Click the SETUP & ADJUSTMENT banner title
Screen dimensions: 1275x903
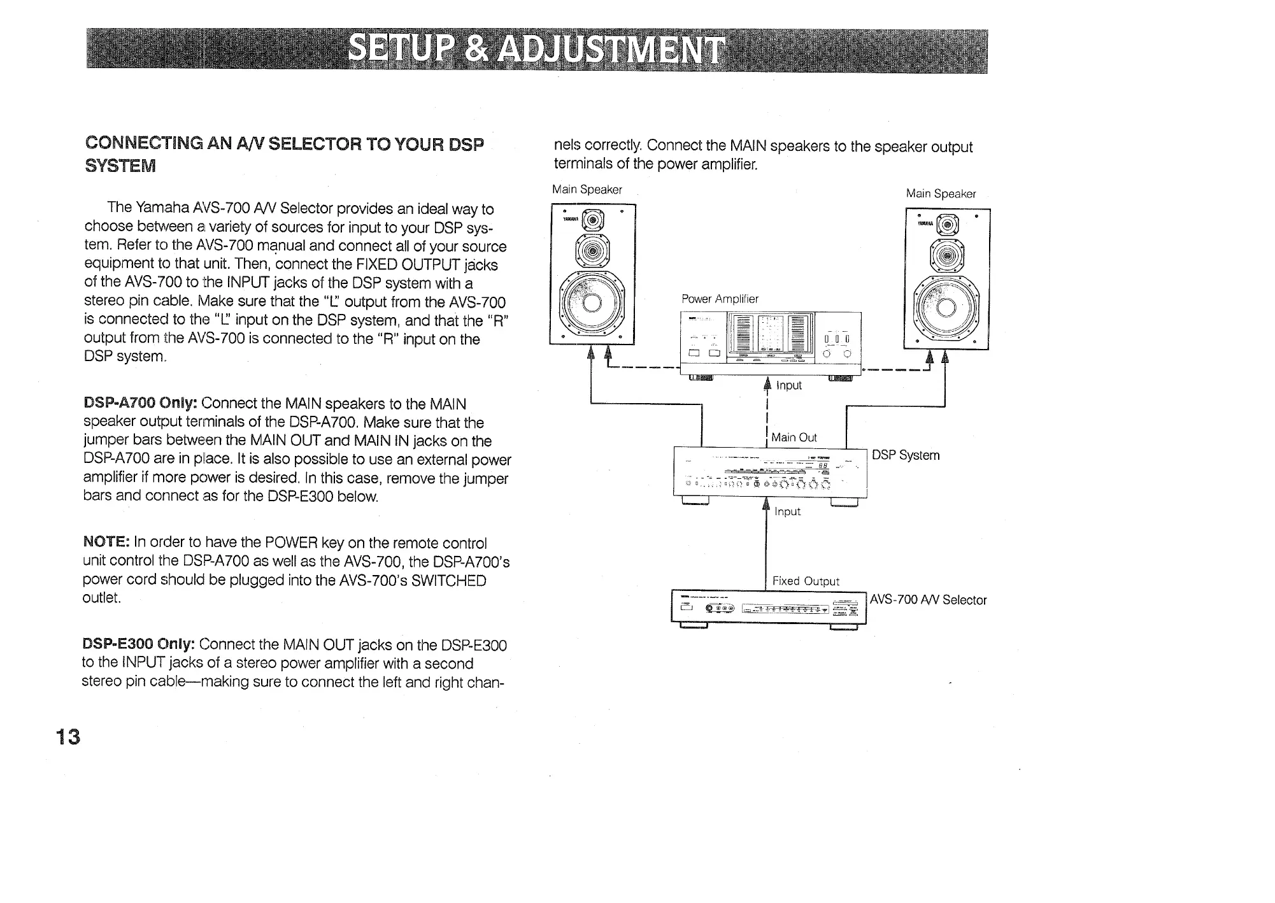(537, 51)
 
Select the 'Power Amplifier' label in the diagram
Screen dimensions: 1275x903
(720, 299)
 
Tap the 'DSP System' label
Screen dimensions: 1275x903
(905, 455)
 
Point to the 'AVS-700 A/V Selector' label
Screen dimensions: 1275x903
(928, 600)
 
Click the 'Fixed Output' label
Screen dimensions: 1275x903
(806, 581)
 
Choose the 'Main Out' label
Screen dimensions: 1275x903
(794, 437)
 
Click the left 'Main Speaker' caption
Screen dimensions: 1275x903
(587, 189)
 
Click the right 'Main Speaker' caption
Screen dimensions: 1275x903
(941, 194)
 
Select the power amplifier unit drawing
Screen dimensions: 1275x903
(771, 344)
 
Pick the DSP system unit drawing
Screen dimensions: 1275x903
(769, 473)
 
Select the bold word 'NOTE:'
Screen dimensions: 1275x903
(106, 542)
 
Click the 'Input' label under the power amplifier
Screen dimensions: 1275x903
(788, 385)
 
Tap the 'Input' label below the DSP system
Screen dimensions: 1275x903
(787, 511)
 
